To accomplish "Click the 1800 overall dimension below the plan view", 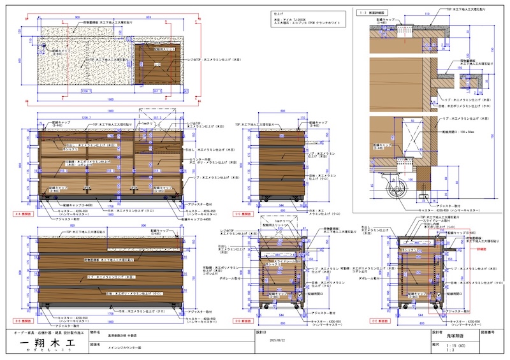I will tap(110, 100).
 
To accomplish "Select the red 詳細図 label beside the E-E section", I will tap(482, 250).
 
